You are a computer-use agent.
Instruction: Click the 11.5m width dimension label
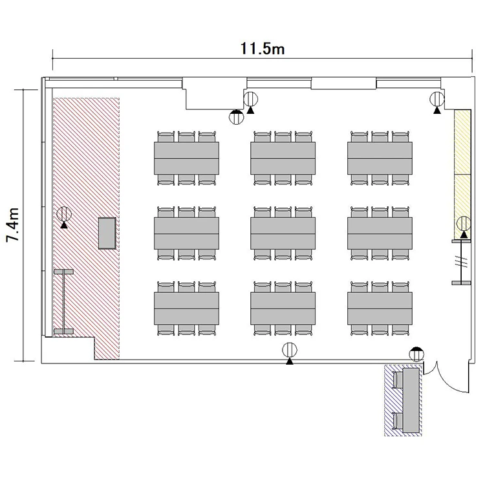point(263,48)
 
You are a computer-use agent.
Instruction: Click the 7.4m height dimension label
point(14,224)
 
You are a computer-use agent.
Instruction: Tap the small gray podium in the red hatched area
point(107,233)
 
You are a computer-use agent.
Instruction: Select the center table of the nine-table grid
point(283,233)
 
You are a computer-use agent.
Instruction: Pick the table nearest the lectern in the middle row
point(186,233)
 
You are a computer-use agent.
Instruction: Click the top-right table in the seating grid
point(380,158)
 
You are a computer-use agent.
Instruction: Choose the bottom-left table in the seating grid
point(186,308)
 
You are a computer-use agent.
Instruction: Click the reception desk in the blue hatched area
point(411,400)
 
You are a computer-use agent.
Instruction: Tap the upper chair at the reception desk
point(398,380)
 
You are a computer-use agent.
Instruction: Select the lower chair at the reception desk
point(398,421)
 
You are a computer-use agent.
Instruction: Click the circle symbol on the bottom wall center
point(290,350)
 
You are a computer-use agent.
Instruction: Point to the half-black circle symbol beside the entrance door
point(416,354)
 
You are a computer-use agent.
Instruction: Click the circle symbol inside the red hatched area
point(64,214)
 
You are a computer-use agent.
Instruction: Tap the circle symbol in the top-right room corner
point(437,100)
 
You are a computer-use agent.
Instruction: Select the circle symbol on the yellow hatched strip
point(464,224)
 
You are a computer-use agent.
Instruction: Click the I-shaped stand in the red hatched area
point(64,301)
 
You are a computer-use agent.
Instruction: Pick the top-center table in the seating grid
point(283,158)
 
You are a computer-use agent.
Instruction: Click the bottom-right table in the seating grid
point(380,308)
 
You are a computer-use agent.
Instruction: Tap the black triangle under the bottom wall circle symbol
point(290,361)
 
